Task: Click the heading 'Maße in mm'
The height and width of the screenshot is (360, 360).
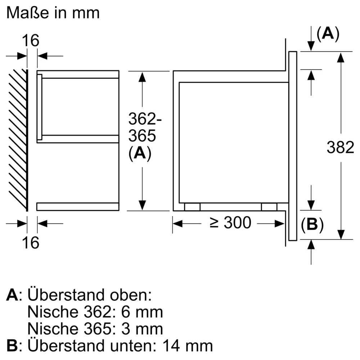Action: [53, 13]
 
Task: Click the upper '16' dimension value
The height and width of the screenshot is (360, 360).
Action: [32, 41]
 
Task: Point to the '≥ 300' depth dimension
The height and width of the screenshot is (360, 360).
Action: [230, 223]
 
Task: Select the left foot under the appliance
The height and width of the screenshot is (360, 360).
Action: [192, 207]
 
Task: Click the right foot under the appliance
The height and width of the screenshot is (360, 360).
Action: [269, 207]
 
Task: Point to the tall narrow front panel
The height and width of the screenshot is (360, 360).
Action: [293, 146]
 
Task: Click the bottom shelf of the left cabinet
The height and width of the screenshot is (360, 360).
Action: [78, 207]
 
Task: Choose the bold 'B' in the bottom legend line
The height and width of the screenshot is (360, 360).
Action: [12, 346]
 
